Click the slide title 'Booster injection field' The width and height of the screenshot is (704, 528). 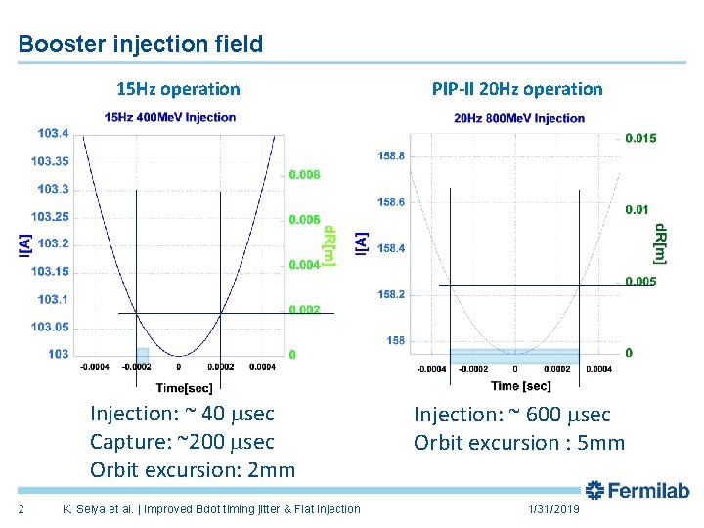[141, 44]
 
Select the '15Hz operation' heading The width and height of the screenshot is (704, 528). [178, 89]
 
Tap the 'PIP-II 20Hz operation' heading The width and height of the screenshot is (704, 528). [517, 89]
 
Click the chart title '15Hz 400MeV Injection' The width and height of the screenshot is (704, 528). [170, 117]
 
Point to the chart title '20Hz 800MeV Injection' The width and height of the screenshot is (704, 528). [519, 118]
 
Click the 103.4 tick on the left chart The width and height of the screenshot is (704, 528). [53, 133]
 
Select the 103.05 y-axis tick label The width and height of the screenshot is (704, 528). [50, 327]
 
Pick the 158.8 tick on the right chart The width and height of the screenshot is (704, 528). [391, 155]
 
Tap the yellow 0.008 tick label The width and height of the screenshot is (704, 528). [304, 174]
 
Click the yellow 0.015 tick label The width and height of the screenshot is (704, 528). [641, 138]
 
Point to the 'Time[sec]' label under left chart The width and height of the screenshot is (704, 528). [178, 389]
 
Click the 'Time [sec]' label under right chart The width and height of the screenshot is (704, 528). [521, 386]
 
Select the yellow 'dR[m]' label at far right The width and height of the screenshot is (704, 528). [660, 242]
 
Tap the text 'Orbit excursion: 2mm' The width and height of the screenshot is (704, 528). [193, 469]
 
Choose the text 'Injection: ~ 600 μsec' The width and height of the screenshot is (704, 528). [511, 415]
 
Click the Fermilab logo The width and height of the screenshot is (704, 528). [638, 490]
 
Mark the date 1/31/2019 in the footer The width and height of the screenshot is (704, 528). [553, 509]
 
